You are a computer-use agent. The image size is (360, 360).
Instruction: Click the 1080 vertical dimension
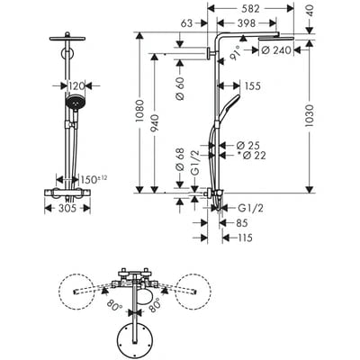[x=141, y=112]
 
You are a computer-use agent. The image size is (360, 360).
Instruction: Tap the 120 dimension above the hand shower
[x=76, y=86]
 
